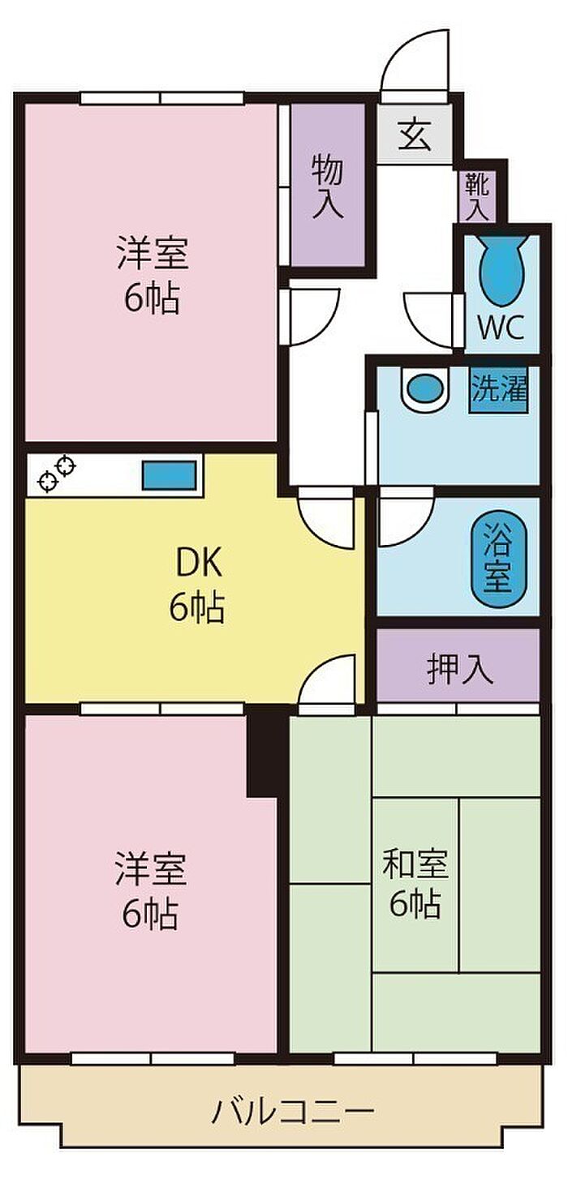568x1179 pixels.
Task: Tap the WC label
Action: pos(501,327)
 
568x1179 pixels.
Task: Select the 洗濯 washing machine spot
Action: pos(498,390)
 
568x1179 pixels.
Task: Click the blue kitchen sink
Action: pos(170,475)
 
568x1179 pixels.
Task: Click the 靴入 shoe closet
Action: pos(477,196)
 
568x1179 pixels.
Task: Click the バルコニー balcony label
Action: pos(293,1095)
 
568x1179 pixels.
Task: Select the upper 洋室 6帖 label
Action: pos(153,275)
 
